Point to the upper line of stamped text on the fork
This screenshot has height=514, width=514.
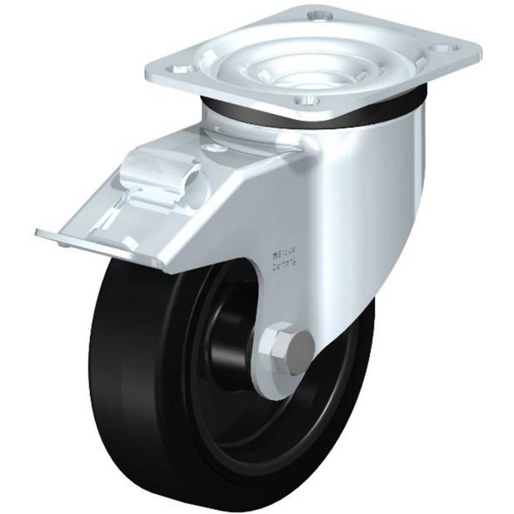(282, 253)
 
